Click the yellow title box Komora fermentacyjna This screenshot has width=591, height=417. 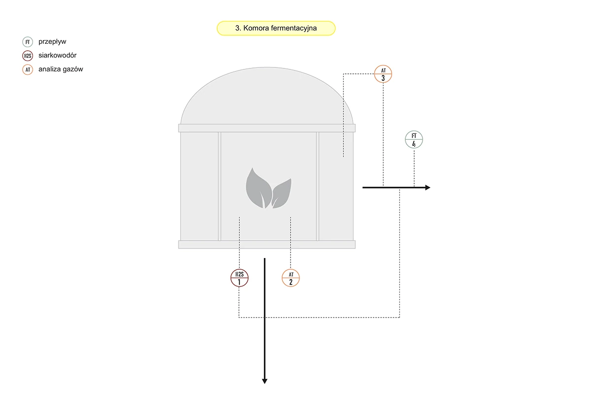[276, 29]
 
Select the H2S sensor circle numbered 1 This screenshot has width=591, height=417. [239, 278]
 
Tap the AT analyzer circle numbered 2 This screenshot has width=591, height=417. [291, 278]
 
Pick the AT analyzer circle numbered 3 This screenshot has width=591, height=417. [383, 74]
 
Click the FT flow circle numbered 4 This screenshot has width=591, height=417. [414, 140]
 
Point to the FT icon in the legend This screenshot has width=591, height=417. [28, 42]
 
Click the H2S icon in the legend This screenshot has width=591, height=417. [28, 56]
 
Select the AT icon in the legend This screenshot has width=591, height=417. [28, 69]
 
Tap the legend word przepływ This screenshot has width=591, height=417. [52, 42]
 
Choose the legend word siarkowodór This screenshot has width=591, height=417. [58, 56]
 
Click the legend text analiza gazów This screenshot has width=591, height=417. [61, 69]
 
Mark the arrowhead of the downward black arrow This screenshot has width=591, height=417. [264, 381]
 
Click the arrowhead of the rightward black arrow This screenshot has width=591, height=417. [427, 188]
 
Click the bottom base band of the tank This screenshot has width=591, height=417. [266, 245]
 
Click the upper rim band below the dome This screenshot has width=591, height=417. [266, 128]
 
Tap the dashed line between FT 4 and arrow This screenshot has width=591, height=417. [414, 167]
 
